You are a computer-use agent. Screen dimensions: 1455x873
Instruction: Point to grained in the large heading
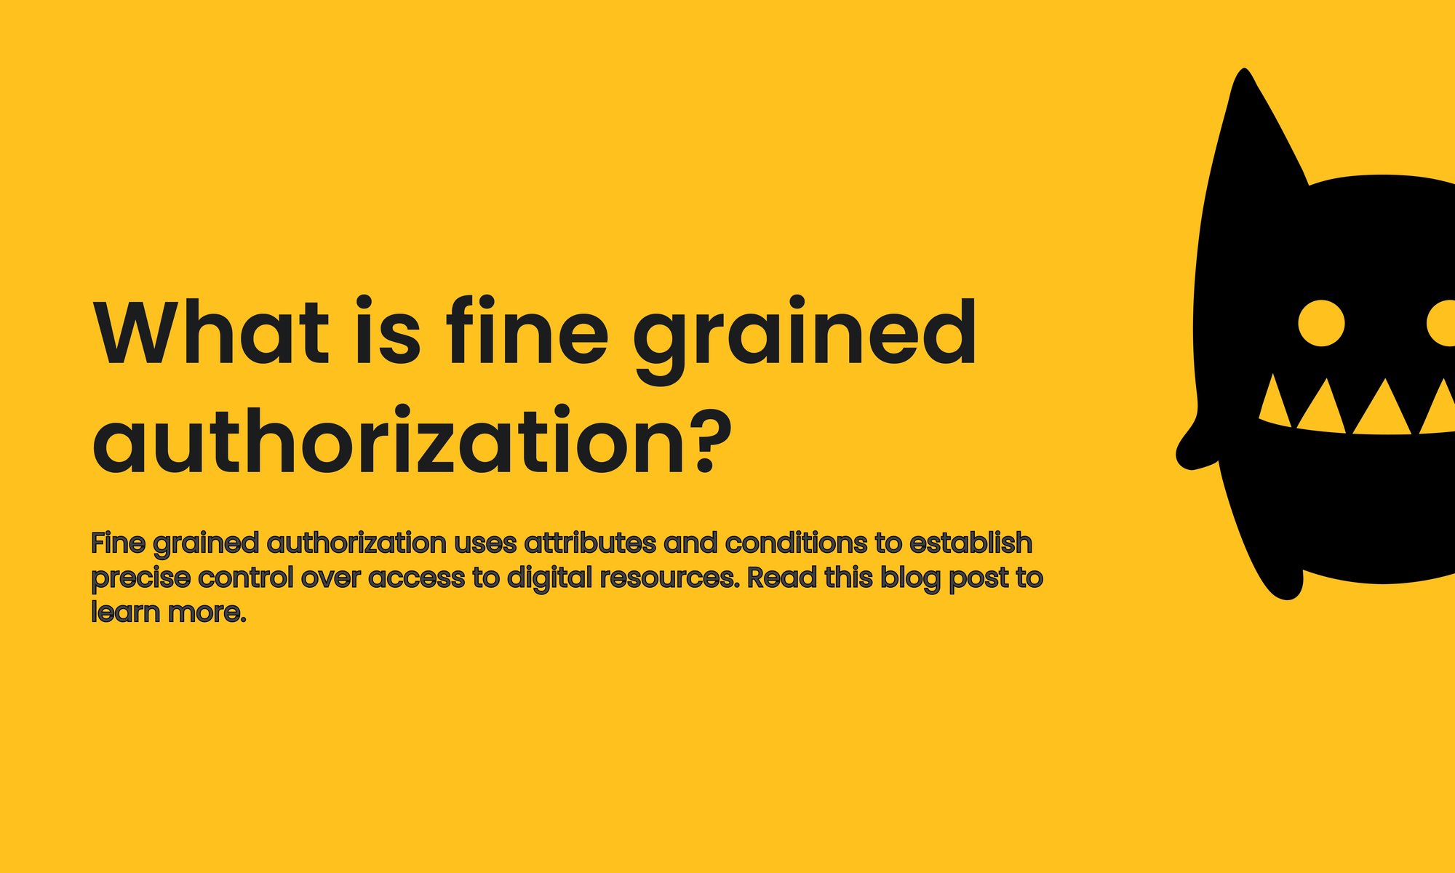(804, 339)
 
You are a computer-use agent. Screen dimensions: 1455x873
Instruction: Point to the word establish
(971, 543)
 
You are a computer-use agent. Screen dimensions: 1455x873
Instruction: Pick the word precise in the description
(141, 579)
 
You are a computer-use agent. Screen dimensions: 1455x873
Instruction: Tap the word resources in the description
(669, 579)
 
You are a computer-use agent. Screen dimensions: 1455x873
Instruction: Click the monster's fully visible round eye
(1321, 323)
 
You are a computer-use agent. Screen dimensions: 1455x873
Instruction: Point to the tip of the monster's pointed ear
(1245, 70)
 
